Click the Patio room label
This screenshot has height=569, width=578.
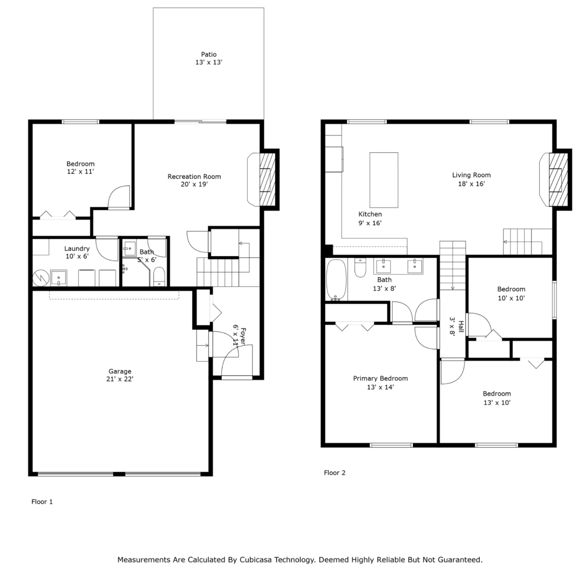[209, 58]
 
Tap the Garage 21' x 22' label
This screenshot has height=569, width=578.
[120, 375]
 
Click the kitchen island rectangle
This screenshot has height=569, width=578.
[384, 180]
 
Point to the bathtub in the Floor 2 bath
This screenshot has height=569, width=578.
[336, 280]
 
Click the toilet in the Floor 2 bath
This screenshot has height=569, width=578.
[360, 268]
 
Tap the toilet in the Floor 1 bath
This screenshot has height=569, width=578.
[159, 277]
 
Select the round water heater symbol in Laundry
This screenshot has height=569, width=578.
[40, 278]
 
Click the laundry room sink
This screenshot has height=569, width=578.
[59, 278]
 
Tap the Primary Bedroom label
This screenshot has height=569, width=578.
[380, 383]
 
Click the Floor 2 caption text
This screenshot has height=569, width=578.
[334, 472]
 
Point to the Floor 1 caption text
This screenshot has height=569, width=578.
[42, 502]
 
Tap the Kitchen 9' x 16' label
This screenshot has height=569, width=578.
[370, 218]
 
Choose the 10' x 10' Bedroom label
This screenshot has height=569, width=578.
[511, 293]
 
